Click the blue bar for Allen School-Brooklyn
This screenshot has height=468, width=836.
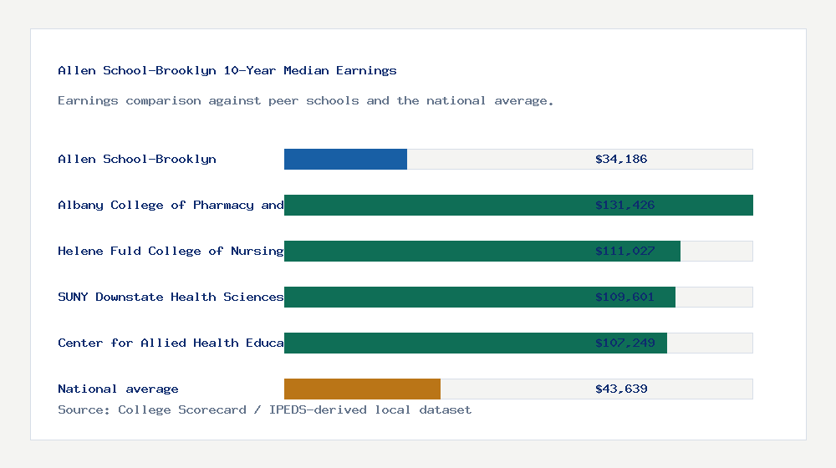point(345,159)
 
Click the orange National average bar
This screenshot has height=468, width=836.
point(362,389)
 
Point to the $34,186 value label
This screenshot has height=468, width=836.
point(621,159)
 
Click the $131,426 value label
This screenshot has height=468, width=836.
point(624,205)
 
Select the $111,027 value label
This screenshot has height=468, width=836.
point(624,251)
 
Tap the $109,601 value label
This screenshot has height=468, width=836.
point(624,297)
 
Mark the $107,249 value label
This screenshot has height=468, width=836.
point(624,343)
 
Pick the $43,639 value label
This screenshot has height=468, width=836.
point(621,389)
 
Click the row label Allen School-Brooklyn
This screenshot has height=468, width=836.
point(137,159)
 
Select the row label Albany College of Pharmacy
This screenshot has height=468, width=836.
point(171,205)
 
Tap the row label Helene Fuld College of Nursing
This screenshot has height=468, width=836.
point(171,251)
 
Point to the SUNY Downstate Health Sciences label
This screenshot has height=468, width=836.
point(171,297)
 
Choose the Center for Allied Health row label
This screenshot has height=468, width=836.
point(171,343)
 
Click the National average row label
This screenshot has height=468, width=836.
point(118,389)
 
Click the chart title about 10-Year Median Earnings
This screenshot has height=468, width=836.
point(227,71)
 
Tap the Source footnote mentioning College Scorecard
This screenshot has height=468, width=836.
point(264,409)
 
